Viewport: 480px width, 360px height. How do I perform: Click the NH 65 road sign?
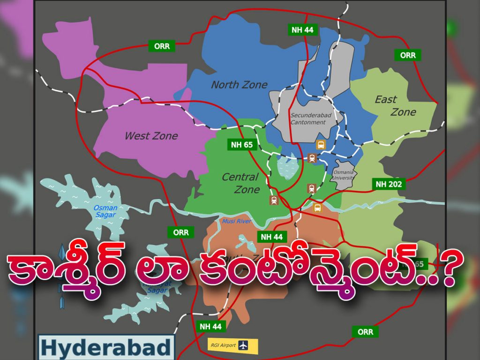tap(242, 144)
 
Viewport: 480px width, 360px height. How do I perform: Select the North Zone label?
tap(239, 85)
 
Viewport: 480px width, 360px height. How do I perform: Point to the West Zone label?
tap(151, 136)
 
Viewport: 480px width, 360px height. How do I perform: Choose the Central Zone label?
tap(240, 183)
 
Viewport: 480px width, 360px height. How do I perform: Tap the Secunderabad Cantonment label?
tap(307, 119)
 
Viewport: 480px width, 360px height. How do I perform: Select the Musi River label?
tap(237, 221)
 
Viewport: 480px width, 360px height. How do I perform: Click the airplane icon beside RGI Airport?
tap(243, 345)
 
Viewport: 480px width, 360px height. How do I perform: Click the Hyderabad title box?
tap(105, 348)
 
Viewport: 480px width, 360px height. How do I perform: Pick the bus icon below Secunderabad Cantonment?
tap(321, 144)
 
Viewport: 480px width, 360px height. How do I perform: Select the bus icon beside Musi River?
tap(317, 207)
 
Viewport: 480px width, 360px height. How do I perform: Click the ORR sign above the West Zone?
tap(162, 46)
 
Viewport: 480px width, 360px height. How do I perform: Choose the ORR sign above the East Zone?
tap(407, 55)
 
